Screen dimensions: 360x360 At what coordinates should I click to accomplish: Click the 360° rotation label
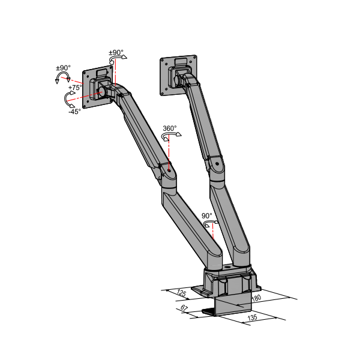pos(170,128)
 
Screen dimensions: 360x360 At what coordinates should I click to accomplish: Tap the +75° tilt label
pos(75,88)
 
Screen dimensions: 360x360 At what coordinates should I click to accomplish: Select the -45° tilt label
pos(75,112)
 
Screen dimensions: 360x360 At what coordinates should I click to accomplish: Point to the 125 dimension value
pos(181,293)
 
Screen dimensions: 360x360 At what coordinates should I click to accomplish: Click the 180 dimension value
pos(256,298)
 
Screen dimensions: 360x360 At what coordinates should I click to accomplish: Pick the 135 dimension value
pos(253,317)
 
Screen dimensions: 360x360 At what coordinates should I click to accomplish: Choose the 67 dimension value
pos(184,308)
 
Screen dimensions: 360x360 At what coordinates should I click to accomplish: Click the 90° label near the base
pos(207,216)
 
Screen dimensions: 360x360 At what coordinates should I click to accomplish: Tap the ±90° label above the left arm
pos(116,53)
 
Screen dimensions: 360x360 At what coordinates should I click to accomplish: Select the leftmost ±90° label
pos(64,68)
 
